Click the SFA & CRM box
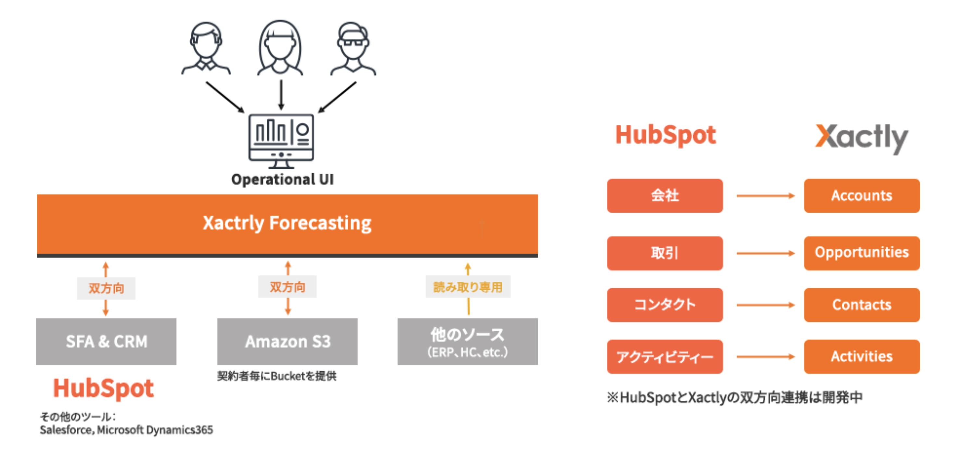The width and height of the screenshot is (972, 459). (x=106, y=341)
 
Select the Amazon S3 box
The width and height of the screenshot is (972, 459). (x=287, y=341)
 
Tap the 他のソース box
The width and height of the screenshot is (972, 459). (x=467, y=341)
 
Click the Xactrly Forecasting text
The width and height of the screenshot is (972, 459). (x=287, y=223)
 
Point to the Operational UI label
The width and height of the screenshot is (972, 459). (x=283, y=179)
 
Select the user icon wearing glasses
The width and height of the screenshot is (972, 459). (x=353, y=48)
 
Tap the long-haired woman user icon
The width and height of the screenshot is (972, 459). (x=280, y=47)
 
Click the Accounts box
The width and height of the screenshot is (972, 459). (x=862, y=195)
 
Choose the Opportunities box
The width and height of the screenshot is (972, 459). (x=862, y=253)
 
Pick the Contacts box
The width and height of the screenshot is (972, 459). (x=862, y=305)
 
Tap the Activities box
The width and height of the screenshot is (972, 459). (x=862, y=356)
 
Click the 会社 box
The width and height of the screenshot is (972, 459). (x=665, y=195)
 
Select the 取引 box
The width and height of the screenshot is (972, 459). (x=665, y=253)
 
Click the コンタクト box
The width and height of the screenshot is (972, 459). (x=665, y=305)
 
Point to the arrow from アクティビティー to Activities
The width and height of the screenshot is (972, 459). (x=766, y=356)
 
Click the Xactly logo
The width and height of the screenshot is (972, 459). (x=862, y=138)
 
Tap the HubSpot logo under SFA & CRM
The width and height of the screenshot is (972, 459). (x=104, y=388)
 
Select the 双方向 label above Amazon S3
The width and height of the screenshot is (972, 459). (x=288, y=287)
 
